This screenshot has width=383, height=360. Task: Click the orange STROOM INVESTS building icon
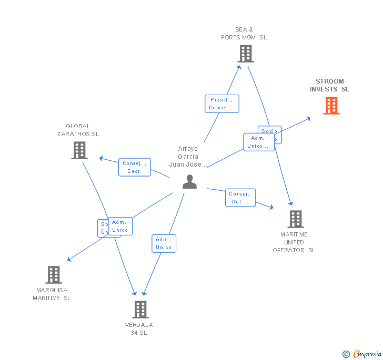tap(331, 106)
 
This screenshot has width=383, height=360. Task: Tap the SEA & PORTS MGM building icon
tap(245, 54)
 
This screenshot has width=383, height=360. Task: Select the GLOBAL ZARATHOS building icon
tap(79, 150)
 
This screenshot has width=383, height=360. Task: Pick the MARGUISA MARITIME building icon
tap(53, 275)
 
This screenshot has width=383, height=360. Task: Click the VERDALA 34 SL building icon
tap(140, 309)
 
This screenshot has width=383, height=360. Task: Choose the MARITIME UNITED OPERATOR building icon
tap(296, 219)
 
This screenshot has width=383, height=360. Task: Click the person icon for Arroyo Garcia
tap(189, 182)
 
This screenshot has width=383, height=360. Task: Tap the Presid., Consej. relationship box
tap(222, 104)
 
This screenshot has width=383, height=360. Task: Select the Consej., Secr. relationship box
tap(134, 167)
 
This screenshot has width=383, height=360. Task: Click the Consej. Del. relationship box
tap(240, 198)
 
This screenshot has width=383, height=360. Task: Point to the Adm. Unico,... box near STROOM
tap(259, 142)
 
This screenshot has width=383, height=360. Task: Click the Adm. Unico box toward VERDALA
tap(164, 243)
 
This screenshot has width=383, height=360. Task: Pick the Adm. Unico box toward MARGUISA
tap(120, 226)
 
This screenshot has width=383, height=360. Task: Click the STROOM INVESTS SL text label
tap(330, 85)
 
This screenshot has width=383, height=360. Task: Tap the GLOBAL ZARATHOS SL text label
tap(78, 130)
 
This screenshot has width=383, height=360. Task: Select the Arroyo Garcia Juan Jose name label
tap(188, 156)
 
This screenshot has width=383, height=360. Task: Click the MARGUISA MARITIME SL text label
tap(52, 294)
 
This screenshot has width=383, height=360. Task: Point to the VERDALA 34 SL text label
tap(139, 328)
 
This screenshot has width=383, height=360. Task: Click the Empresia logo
tap(362, 354)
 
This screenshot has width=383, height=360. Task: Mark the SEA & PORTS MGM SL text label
tap(244, 34)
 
